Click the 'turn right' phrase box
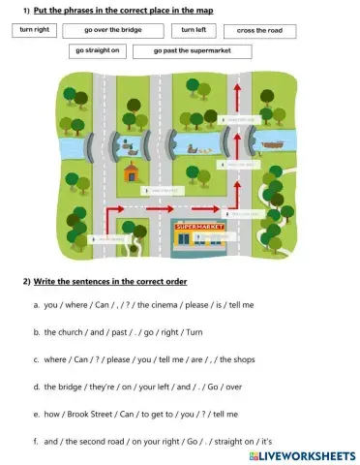click(36, 30)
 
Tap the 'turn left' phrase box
click(195, 30)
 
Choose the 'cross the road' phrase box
click(258, 31)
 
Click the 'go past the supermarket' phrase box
click(192, 50)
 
